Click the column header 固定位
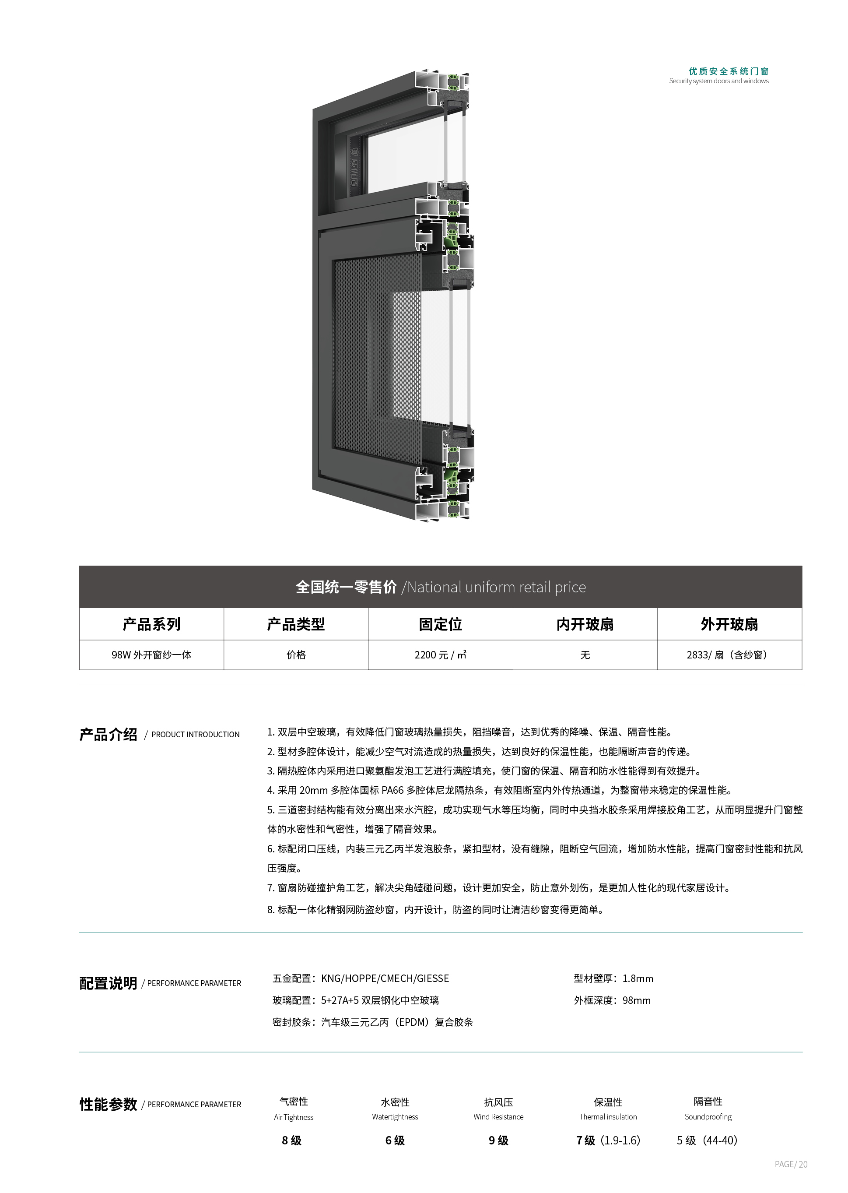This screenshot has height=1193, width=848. pos(440,624)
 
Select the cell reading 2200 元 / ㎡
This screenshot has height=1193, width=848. pos(440,655)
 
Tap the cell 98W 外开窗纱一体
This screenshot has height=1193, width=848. pos(151,655)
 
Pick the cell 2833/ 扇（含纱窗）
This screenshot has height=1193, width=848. pos(729,655)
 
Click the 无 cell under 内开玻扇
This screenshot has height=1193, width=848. pos(585,655)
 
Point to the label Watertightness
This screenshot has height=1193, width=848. pos(395,1117)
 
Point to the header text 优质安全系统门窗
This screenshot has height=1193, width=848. pos(729,71)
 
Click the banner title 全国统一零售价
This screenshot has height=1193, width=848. pos(346,587)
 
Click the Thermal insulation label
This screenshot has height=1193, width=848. pos(608,1117)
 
